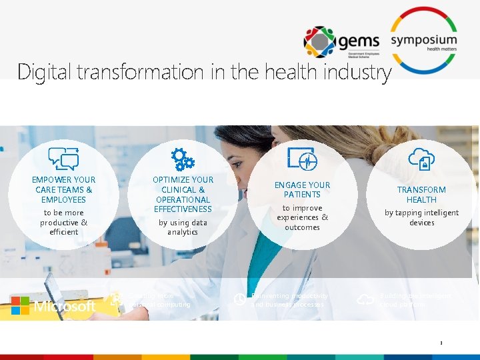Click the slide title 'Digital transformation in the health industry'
(x=204, y=71)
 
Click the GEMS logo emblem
(x=319, y=42)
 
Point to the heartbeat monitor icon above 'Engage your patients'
(x=302, y=159)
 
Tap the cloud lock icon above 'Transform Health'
(x=421, y=159)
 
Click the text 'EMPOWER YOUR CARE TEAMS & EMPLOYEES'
(x=63, y=190)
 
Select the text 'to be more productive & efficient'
(x=63, y=222)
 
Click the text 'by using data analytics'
(x=183, y=227)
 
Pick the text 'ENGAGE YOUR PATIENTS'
(x=302, y=190)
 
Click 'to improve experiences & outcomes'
(x=302, y=218)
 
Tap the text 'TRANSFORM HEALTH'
(x=421, y=195)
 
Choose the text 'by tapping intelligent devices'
(x=421, y=218)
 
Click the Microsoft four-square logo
(x=20, y=305)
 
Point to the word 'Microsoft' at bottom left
(x=65, y=307)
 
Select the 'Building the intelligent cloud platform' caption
(x=415, y=300)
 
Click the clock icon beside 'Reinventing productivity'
(x=239, y=300)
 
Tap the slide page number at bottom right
(x=441, y=343)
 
